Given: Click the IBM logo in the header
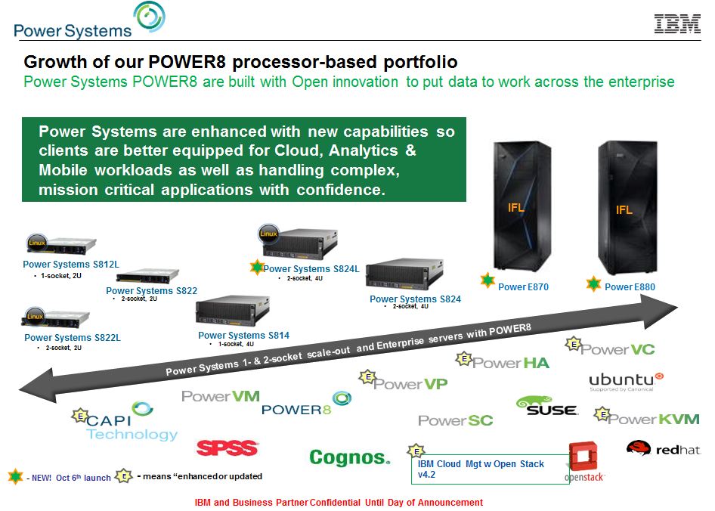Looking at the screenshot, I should [677, 24].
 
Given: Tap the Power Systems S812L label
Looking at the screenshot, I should [71, 265].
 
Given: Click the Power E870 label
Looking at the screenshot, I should [523, 287].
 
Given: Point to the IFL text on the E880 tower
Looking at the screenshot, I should [624, 210].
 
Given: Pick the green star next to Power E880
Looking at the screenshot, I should [594, 285].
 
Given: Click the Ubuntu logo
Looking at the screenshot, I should [626, 380].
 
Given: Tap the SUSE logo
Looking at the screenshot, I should [546, 407].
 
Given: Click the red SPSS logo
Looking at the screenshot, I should [227, 448].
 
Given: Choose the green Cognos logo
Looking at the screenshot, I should [349, 457].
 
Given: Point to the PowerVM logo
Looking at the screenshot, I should [221, 396].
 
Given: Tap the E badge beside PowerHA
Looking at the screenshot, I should [465, 358].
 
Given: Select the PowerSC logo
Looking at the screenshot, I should [455, 420].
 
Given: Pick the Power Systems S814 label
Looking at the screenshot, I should [243, 336].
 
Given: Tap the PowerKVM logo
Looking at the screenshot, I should [654, 419].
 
